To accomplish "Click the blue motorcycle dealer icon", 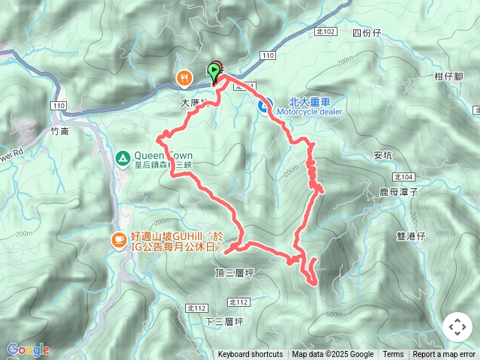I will [264, 106].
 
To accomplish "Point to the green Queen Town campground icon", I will [121, 157].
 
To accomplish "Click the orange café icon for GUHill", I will [118, 239].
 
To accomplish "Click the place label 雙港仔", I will [410, 235].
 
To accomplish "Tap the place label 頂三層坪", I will [233, 274].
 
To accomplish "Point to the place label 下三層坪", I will [223, 321].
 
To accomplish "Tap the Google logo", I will [28, 349].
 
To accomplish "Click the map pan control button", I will [457, 327].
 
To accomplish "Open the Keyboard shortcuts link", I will [250, 355].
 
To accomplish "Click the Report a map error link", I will [444, 355].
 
